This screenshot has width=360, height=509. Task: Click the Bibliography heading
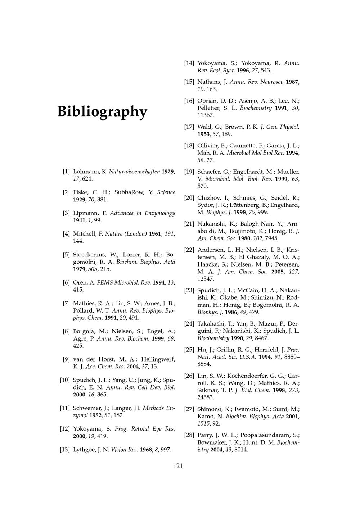point(102,112)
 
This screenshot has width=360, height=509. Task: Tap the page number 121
point(178,466)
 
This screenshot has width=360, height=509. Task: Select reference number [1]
point(66,172)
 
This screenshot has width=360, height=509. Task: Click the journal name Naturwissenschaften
point(131,172)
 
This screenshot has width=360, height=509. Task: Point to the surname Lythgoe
point(84,450)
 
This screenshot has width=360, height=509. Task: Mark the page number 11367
point(206,115)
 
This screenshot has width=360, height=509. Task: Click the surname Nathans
point(210,82)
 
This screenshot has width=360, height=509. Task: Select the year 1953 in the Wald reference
point(204,134)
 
